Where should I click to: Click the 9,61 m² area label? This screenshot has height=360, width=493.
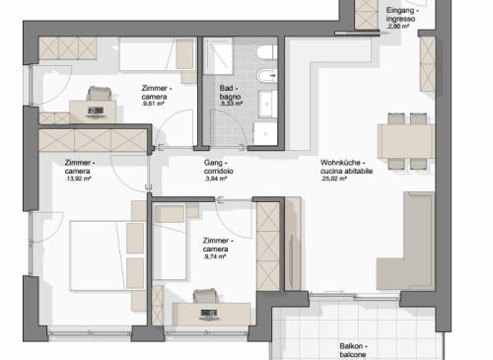[153, 104]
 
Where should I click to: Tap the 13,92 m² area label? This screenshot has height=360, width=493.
[78, 179]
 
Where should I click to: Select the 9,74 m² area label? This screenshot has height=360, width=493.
[214, 256]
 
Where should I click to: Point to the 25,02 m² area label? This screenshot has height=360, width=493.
[333, 179]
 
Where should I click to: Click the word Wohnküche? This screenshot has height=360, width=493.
[340, 163]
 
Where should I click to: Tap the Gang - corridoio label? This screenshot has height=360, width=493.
[218, 167]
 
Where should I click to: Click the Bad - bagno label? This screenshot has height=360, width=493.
[230, 93]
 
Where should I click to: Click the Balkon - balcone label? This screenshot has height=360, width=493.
[353, 350]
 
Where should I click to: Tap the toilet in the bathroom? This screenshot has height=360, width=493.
[267, 52]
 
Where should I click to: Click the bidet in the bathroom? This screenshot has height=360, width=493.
[267, 76]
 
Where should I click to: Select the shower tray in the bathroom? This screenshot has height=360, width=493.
[218, 55]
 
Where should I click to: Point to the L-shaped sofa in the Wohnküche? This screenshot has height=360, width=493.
[406, 241]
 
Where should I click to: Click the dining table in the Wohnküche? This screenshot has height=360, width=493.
[406, 141]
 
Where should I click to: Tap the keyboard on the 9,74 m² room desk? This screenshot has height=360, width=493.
[208, 313]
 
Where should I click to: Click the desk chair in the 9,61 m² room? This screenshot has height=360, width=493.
[99, 94]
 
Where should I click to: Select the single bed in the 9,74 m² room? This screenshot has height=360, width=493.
[170, 242]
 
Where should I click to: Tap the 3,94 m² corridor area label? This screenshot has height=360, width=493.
[215, 179]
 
